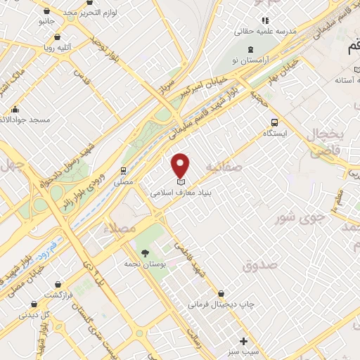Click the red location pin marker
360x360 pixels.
(x=181, y=165)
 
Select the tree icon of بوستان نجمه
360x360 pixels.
(x=146, y=252)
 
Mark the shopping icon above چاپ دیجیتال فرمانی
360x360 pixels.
(x=222, y=294)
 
